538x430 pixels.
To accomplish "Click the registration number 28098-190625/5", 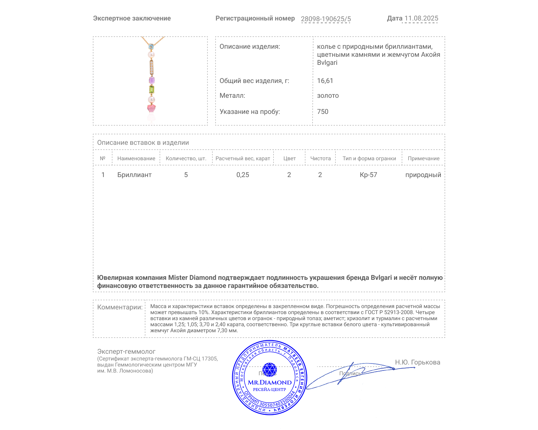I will [x=325, y=19].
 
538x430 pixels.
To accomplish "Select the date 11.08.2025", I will [x=421, y=18].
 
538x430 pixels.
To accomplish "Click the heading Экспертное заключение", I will [x=132, y=18].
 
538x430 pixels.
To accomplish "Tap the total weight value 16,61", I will [x=325, y=81].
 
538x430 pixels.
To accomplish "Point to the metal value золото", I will [x=328, y=96].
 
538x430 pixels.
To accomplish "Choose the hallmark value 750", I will [x=322, y=112].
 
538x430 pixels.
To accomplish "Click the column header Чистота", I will [x=320, y=159].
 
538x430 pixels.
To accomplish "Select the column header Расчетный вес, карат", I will [x=243, y=159].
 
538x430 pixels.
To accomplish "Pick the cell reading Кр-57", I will [x=368, y=175].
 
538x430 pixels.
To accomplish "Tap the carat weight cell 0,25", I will [x=243, y=175].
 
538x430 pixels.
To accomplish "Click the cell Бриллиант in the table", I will [x=134, y=175].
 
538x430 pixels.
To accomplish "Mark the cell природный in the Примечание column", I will [x=423, y=175].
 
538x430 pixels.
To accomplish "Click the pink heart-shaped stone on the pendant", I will [x=151, y=108].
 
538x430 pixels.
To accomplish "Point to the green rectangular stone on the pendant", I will [x=152, y=89].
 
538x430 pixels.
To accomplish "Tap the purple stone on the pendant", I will [x=152, y=80].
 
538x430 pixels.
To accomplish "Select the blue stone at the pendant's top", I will [x=151, y=46].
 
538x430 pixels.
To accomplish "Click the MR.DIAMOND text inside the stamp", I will [x=270, y=382].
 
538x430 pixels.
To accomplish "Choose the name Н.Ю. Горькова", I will [x=417, y=362].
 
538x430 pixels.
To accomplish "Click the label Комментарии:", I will [x=120, y=307].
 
